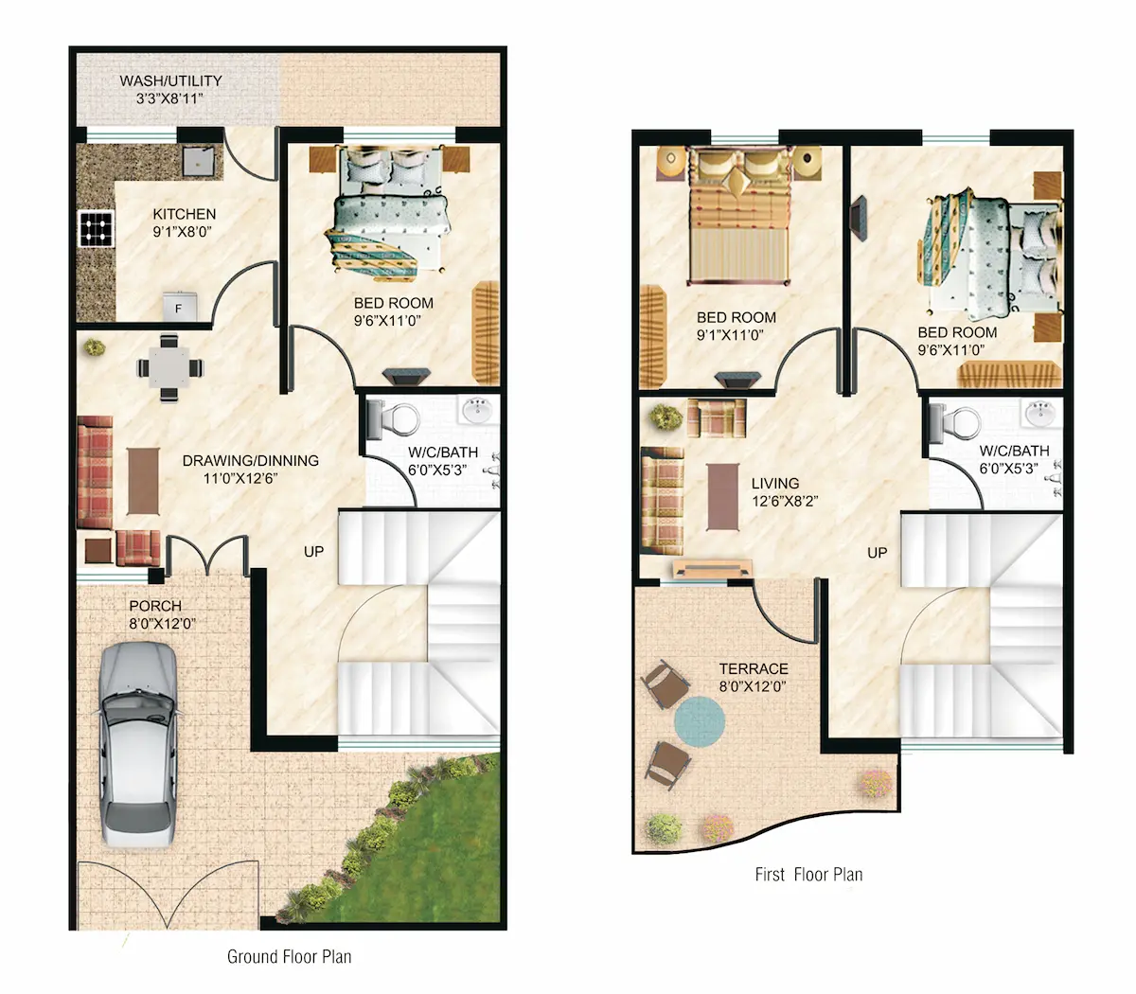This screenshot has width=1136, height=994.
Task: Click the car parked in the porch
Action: pos(138,745)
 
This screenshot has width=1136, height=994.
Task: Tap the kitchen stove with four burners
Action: pos(97,229)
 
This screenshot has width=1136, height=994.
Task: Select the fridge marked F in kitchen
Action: pos(179,306)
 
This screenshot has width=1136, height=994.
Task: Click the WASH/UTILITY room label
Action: pos(170,81)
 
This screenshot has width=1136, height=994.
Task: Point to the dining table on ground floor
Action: pos(169,367)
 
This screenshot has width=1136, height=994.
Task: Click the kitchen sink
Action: pos(198,160)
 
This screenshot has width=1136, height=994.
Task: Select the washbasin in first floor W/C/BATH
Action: pos(1040,413)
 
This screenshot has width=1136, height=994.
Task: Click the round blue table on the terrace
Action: pos(699,722)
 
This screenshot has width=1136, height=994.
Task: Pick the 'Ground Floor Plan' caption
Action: pos(290,956)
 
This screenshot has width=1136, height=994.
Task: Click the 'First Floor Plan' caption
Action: pos(808,875)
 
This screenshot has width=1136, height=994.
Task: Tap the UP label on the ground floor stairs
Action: pos(313,551)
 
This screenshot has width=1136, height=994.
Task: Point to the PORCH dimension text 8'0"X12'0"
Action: pos(163,624)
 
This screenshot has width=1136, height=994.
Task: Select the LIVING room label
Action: pos(775,483)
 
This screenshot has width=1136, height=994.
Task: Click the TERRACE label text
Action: pos(754,668)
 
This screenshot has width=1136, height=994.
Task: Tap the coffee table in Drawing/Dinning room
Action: pos(143,481)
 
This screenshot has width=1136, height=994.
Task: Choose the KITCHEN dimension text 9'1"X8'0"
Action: pos(183,232)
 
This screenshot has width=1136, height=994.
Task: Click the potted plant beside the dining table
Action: pos(95,347)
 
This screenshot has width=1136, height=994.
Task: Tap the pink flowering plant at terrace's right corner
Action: pos(877,784)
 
